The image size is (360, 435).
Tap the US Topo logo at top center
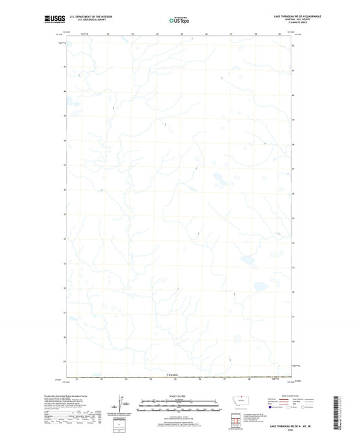[178, 21]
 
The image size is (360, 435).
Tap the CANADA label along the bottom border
[173, 374]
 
